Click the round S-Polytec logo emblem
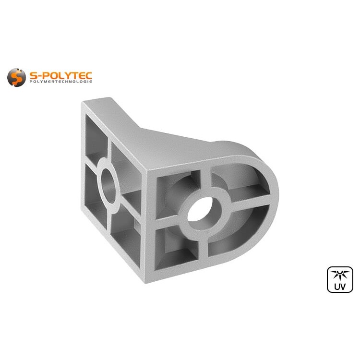[16, 77]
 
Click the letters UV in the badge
[340, 287]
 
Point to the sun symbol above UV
[340, 275]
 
